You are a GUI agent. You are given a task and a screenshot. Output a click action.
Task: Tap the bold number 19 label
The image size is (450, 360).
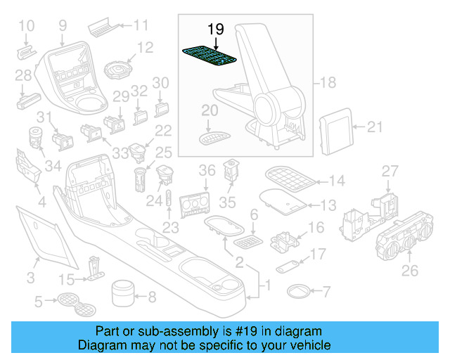[215, 29]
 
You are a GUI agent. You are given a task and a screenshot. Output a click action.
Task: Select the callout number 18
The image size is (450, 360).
[328, 82]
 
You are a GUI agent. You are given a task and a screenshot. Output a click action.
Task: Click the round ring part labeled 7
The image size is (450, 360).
[299, 290]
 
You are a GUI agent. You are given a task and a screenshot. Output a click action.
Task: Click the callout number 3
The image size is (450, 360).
[30, 279]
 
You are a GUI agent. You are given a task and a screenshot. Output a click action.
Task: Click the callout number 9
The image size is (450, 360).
[63, 26]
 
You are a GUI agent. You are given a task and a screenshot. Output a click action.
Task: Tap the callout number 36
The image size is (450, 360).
[206, 170]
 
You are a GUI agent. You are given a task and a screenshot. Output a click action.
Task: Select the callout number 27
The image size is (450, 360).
[389, 172]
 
